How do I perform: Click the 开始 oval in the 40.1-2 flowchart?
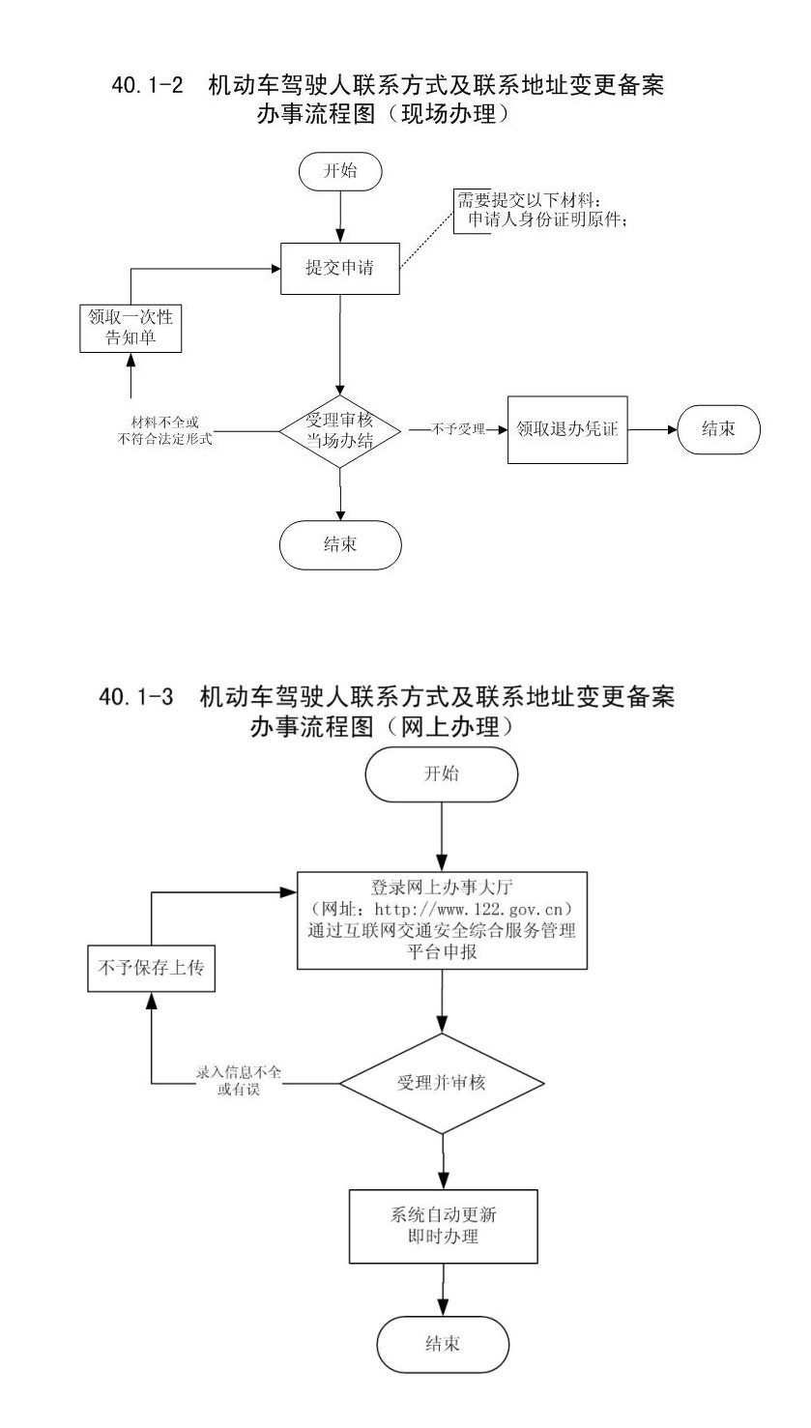point(339,173)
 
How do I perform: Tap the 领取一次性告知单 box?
point(130,328)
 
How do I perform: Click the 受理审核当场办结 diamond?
point(339,430)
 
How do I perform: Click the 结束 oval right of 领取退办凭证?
point(718,429)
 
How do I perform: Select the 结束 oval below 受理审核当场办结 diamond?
point(339,543)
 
